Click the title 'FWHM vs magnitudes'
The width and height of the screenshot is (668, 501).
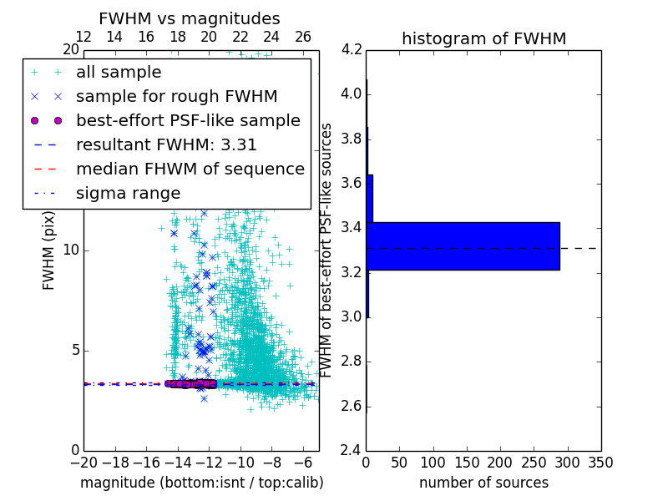coord(189,18)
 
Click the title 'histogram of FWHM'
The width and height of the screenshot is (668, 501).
coord(483,38)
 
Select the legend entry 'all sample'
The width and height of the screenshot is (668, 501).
coord(119,73)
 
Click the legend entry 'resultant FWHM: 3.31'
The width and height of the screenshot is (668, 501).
coord(166,144)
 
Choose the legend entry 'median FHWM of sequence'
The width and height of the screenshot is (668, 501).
coord(190,169)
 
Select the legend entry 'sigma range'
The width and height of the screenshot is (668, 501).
coord(128,193)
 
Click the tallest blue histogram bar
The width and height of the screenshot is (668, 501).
coord(463,245)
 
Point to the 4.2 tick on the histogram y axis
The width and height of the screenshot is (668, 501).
coord(352,49)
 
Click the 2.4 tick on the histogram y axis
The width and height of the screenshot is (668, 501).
coord(352,450)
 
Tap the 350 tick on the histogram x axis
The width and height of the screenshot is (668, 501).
coord(600,462)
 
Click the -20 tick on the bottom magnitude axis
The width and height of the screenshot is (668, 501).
coord(83,462)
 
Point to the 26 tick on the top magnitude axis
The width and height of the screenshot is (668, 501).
coord(303,37)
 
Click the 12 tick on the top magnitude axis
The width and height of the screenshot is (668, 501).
coord(83,37)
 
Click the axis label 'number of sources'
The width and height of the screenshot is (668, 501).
coord(483,483)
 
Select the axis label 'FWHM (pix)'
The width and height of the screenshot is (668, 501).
coord(49,250)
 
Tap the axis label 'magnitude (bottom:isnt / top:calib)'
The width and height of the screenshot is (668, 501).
coord(201,483)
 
